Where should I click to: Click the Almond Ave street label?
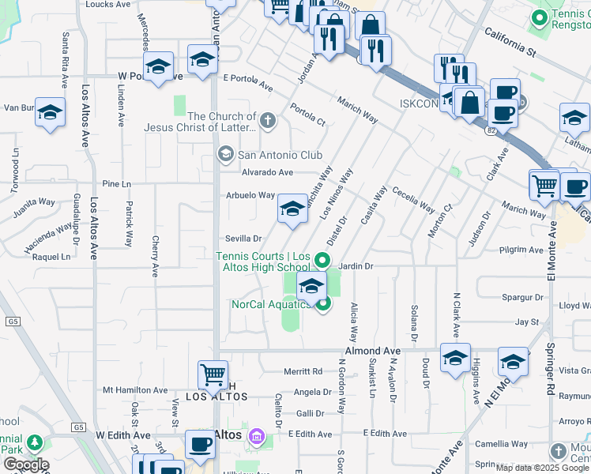[x=372, y=350]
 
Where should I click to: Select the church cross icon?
[x=269, y=121]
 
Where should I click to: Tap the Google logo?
[x=25, y=464]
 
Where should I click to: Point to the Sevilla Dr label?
[x=243, y=238]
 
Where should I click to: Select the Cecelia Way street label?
[x=413, y=199]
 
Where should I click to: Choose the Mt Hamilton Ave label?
[x=135, y=390]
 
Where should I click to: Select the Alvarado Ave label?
[x=268, y=172]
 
